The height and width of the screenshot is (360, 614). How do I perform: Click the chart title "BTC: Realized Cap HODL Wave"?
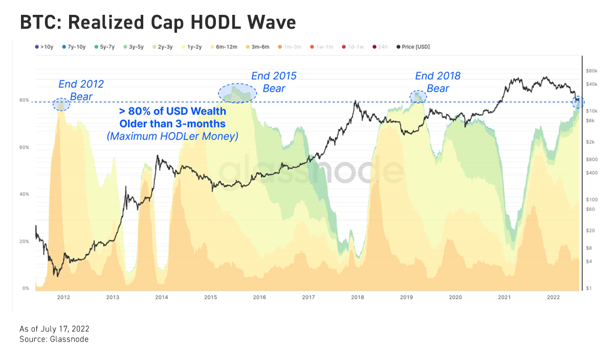tap(158, 22)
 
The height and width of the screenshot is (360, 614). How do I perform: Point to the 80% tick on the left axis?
tap(25, 100)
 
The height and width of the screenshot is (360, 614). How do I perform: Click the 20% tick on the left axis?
tap(25, 241)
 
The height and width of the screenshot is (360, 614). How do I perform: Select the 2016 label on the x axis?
tap(259, 297)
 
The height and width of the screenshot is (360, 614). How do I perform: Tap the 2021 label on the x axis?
tap(505, 297)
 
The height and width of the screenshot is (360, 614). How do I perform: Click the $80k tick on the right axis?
tap(592, 71)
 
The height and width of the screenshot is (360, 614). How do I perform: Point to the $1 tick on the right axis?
tap(588, 289)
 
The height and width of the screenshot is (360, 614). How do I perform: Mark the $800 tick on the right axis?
tap(592, 160)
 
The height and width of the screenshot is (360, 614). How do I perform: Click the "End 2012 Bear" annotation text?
tap(80, 90)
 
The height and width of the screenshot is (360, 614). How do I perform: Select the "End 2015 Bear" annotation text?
tap(274, 82)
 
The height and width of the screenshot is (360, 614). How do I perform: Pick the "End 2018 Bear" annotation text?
tap(437, 82)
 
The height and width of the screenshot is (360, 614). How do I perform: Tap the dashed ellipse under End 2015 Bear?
tap(238, 93)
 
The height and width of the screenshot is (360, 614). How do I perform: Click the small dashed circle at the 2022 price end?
tap(578, 101)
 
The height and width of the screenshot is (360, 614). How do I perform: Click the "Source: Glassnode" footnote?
tap(54, 340)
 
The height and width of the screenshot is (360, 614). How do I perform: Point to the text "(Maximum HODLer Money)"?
tap(172, 136)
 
